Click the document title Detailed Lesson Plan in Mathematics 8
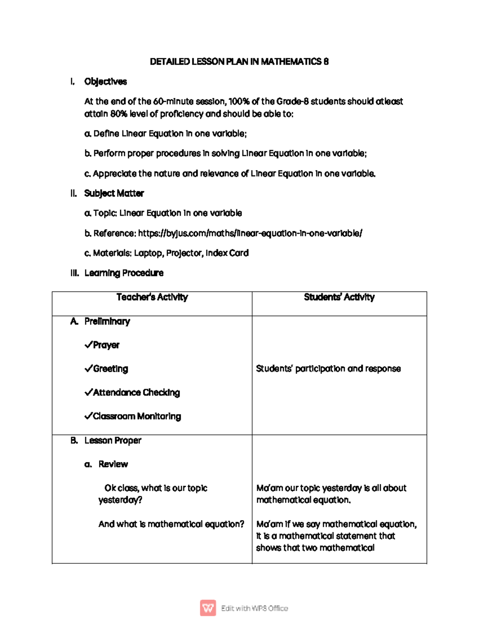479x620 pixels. (x=239, y=61)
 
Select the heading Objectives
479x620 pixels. (x=105, y=81)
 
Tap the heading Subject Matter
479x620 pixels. (x=114, y=193)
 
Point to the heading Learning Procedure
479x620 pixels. (x=124, y=273)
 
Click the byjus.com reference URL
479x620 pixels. (x=250, y=233)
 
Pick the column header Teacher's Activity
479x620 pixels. (x=152, y=297)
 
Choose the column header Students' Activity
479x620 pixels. (x=339, y=297)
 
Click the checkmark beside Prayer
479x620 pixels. (x=88, y=345)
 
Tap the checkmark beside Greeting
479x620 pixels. (x=88, y=368)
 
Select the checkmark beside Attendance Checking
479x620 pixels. (x=88, y=392)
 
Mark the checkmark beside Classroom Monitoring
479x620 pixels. (x=88, y=416)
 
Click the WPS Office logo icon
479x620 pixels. (x=208, y=608)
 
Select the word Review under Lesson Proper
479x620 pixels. (x=113, y=464)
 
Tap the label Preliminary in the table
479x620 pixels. (x=107, y=321)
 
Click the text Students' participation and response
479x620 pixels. (x=328, y=368)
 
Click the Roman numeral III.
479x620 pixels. (x=74, y=273)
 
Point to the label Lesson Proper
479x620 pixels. (x=113, y=440)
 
